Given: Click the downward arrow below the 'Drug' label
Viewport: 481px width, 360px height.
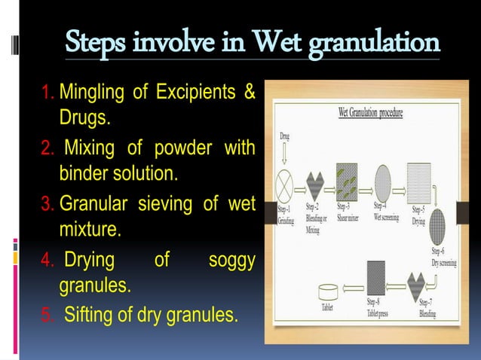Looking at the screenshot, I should pos(284,154).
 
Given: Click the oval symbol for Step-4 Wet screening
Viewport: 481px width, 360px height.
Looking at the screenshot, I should pos(383,182).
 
